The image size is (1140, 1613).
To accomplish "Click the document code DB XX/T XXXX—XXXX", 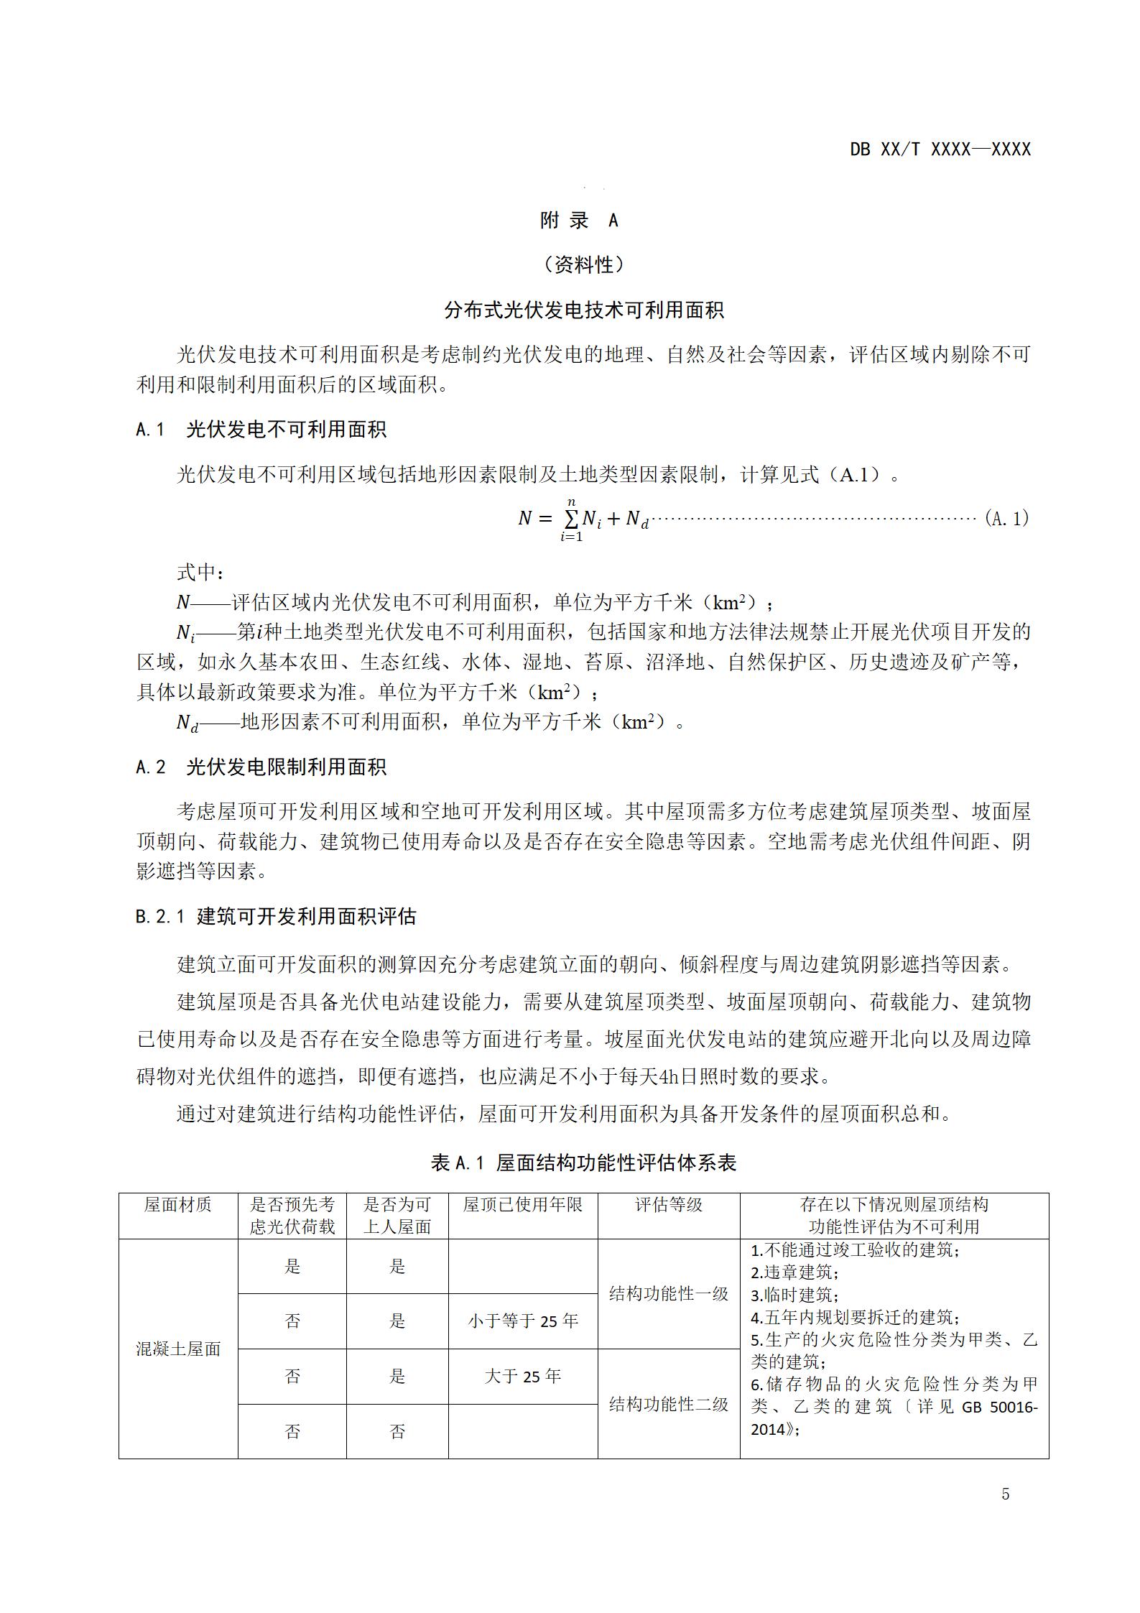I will click(940, 149).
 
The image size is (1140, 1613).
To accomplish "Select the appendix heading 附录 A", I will click(579, 221).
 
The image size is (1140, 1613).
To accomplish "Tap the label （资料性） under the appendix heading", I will click(584, 265).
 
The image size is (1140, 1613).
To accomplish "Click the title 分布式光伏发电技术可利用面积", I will click(584, 310).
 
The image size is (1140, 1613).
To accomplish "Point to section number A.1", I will click(150, 430).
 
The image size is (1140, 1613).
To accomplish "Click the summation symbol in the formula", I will click(571, 519).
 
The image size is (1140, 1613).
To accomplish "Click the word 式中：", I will click(200, 573).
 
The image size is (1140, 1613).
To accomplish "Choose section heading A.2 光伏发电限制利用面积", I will click(261, 767).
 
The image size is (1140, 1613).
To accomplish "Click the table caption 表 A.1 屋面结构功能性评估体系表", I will click(583, 1163).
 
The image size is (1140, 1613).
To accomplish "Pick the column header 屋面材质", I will click(178, 1205).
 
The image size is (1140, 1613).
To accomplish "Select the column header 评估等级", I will click(668, 1205).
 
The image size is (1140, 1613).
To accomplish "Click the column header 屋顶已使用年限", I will click(522, 1205).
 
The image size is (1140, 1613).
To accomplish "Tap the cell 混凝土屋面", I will click(178, 1349).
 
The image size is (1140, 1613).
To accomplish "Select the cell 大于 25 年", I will click(522, 1377).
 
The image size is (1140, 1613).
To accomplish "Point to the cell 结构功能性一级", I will click(668, 1294).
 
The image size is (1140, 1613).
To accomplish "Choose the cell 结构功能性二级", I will click(668, 1404).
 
